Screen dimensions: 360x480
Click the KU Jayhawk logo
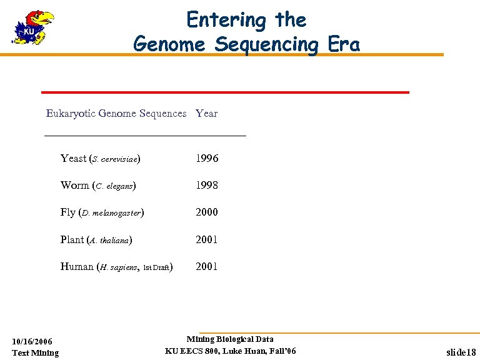(34, 28)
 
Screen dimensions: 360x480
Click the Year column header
(206, 113)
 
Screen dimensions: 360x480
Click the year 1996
(207, 159)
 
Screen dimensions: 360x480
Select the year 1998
(207, 186)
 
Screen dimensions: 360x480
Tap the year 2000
(207, 212)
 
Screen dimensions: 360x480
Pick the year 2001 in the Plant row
(207, 239)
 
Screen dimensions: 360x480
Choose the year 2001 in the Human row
(207, 266)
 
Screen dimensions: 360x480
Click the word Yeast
(73, 159)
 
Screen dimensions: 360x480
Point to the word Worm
(74, 186)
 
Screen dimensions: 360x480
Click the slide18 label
(461, 352)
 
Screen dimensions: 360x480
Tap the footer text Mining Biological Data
(230, 339)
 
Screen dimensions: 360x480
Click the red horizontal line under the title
(225, 92)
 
